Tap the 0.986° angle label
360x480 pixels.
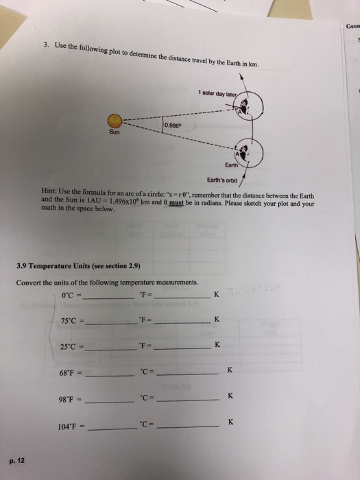pos(174,126)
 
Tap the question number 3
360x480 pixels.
pos(45,45)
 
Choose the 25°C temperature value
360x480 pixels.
pos(67,346)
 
